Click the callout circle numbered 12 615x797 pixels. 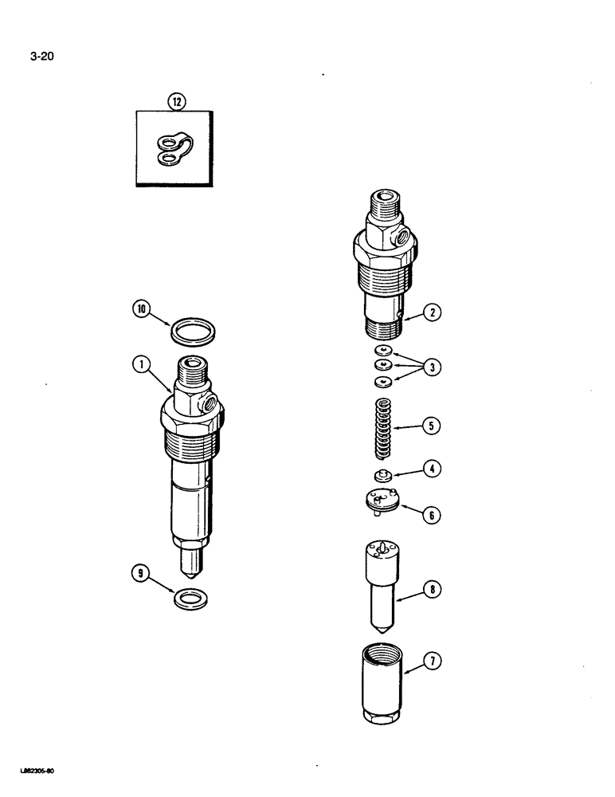pos(174,101)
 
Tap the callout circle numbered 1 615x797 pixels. pos(142,366)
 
